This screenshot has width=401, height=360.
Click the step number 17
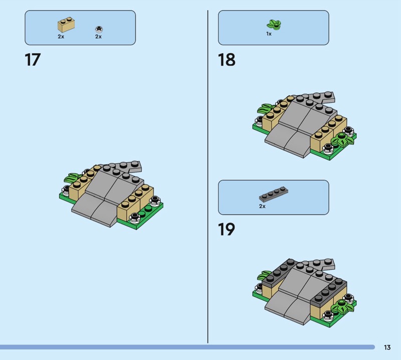[33, 60]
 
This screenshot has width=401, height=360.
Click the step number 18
[227, 60]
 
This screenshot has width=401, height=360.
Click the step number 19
[227, 229]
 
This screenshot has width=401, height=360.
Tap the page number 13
[387, 347]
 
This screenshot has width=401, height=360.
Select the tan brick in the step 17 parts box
[66, 25]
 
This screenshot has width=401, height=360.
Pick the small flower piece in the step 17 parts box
[99, 29]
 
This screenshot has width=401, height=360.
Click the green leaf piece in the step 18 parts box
[274, 24]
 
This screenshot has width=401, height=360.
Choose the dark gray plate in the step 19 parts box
[273, 194]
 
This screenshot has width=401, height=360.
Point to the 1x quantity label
[269, 34]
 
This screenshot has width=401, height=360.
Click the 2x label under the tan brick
[61, 37]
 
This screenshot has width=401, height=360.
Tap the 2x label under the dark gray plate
[262, 206]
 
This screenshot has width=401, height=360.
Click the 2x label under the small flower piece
[98, 37]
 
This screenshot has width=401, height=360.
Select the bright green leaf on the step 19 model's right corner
[342, 306]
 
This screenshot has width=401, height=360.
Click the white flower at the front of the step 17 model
[134, 218]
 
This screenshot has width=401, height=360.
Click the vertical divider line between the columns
[208, 176]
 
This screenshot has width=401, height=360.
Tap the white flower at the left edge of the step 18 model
[259, 121]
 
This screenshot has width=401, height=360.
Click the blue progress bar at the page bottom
[187, 347]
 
